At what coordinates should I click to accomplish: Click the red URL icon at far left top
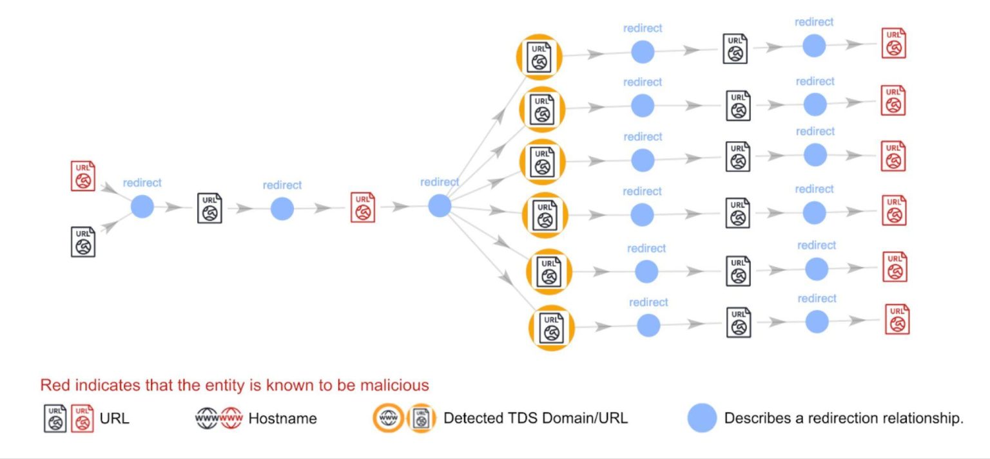point(83,176)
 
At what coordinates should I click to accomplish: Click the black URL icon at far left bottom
point(83,241)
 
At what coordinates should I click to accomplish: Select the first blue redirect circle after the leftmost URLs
point(142,207)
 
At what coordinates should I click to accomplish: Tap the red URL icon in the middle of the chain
point(363,207)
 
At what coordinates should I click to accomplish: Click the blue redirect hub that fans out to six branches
point(440,205)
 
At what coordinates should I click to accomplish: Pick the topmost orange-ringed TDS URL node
point(539,56)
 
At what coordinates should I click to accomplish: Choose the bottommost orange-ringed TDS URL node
point(550,328)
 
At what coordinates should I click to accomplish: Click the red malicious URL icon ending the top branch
point(893,43)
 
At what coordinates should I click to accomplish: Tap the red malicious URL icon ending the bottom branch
point(897,319)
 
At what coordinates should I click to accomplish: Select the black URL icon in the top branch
point(735,48)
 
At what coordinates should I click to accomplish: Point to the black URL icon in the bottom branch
point(739,322)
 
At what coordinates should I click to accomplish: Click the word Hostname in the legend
point(282,418)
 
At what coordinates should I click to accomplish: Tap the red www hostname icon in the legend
point(231,418)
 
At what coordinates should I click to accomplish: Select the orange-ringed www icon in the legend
point(388,419)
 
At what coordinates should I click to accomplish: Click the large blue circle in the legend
point(702,418)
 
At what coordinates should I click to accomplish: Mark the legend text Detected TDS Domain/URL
point(535,418)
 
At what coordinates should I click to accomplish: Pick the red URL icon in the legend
point(82,418)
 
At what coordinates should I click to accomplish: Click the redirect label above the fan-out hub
point(440,182)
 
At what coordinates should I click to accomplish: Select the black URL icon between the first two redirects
point(209,208)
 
